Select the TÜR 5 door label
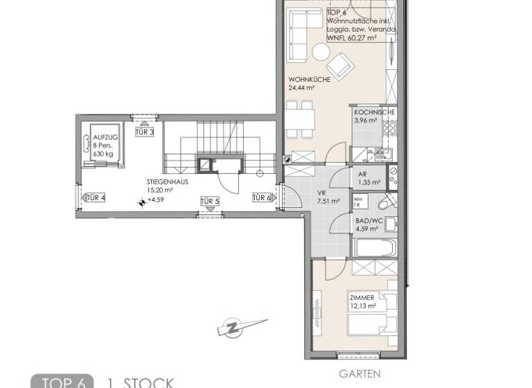point(209,202)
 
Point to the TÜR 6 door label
point(261,198)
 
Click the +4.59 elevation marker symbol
point(143,202)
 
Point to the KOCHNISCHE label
point(374,112)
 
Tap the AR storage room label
point(362,175)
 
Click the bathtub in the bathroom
point(375,247)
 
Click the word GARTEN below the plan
point(360,373)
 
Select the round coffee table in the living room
point(321,52)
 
